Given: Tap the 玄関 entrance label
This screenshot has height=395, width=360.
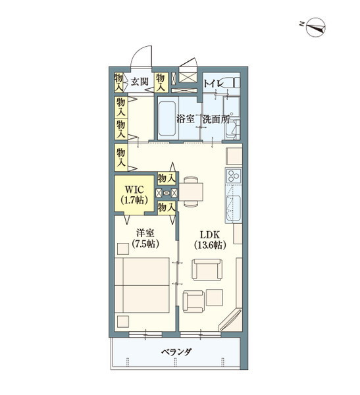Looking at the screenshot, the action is point(140,82).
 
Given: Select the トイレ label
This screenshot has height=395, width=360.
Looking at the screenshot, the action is point(213,84).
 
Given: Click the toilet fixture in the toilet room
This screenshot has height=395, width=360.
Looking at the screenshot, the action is point(231,83).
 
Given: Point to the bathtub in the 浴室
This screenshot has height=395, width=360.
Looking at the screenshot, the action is point(167,118).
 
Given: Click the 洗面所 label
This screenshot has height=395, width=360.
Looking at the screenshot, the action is point(216,119).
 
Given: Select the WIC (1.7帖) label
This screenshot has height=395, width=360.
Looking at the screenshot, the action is point(134,194).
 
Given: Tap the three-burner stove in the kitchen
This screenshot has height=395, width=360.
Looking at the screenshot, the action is point(234,176).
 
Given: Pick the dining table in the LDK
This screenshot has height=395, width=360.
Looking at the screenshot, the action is point(191,192).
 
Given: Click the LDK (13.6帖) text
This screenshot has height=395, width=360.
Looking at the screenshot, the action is point(210,240).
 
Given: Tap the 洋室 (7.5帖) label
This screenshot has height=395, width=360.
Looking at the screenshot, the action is point(145,238).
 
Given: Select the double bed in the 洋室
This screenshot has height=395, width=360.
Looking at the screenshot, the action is point(142,285).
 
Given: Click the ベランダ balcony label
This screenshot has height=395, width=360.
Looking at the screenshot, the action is point(176,352).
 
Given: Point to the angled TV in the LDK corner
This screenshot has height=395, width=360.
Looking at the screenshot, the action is point(230,319).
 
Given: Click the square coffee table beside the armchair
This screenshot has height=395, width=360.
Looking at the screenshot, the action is point(215,298).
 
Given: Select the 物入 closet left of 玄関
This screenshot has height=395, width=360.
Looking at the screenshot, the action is point(118,82).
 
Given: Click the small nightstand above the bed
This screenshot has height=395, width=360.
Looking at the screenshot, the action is point(123,249).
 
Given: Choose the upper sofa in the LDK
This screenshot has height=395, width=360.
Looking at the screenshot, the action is point(207,269).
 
